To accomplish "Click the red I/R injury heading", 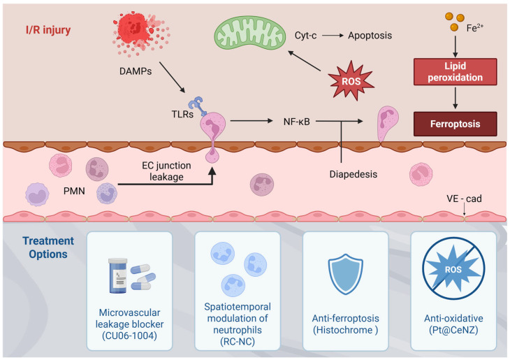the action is tap(48, 30).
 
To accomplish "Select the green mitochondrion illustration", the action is tap(250, 33).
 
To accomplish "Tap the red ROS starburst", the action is tap(351, 80).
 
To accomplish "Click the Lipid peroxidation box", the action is tap(455, 71).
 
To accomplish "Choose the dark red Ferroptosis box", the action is tap(455, 124).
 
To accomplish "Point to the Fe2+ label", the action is tap(475, 28).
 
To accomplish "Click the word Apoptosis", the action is tap(370, 36).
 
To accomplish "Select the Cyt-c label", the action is tap(305, 36).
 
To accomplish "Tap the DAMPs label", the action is tap(136, 71).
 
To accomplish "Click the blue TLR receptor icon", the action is tap(198, 106).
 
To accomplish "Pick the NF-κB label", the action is tap(297, 122).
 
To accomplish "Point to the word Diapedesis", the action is tap(354, 174).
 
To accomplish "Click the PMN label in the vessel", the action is tap(74, 191).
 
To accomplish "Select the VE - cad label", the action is tap(464, 199).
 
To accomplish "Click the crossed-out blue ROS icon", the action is tap(453, 268).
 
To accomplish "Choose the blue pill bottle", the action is tap(118, 275).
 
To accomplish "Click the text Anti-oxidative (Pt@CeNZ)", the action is tap(453, 324).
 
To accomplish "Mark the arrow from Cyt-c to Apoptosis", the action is tap(333, 36).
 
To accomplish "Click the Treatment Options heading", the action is tap(48, 247).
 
